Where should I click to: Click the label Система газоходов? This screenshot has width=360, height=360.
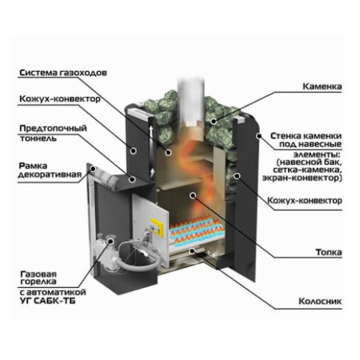(x=63, y=73)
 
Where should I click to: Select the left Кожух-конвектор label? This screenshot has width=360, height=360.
(x=60, y=99)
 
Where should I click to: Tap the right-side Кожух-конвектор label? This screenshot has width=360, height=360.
(x=305, y=200)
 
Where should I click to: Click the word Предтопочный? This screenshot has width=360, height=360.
(x=53, y=128)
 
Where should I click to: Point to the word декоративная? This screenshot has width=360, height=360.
(x=50, y=174)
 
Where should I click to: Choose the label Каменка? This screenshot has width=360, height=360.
(x=322, y=86)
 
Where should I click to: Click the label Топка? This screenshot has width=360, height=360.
(x=328, y=252)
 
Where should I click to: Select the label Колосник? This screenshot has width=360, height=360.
(x=320, y=301)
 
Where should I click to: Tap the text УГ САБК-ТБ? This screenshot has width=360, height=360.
(x=48, y=300)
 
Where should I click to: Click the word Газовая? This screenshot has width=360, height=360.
(x=38, y=274)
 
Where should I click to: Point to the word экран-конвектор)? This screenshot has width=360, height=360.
(x=302, y=178)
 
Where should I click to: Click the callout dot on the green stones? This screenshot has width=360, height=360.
(x=213, y=122)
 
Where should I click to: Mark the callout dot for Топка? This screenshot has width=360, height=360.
(x=192, y=196)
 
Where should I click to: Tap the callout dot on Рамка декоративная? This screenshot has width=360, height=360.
(x=93, y=168)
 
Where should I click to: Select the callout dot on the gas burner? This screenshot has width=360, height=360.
(x=111, y=240)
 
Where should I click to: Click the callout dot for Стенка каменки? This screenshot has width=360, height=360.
(x=258, y=136)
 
